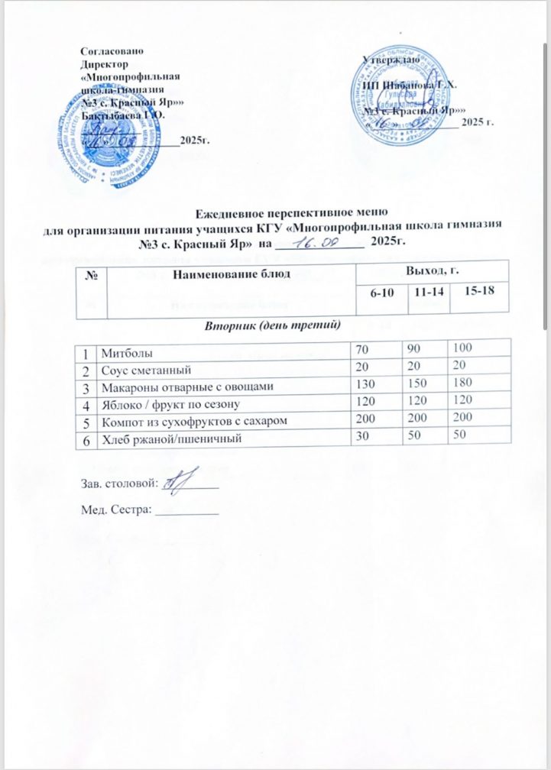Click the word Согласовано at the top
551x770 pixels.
click(112, 50)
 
